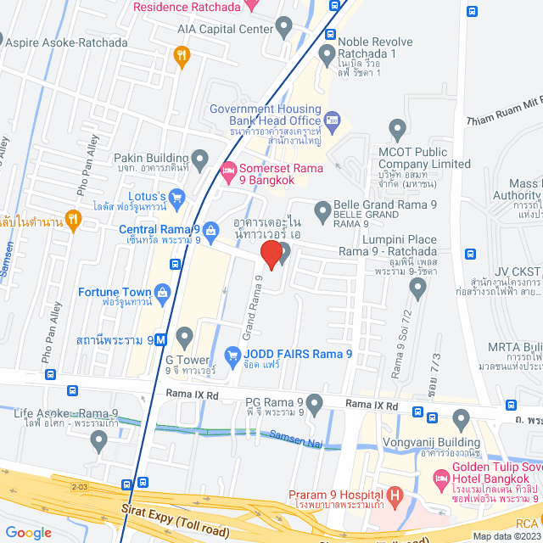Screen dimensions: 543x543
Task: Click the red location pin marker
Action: pos(271,254)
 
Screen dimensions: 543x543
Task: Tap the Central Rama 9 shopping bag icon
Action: pos(210,231)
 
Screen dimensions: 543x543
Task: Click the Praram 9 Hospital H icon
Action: pos(394,494)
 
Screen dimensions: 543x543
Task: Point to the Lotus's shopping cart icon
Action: pos(177,199)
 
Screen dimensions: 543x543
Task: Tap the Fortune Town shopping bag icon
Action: pos(163,293)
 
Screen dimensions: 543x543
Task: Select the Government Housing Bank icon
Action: pos(333,118)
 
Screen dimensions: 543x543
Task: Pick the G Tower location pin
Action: pos(185,333)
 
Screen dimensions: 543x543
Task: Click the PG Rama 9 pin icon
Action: pos(316,402)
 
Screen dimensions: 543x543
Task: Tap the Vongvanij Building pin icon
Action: pos(461,418)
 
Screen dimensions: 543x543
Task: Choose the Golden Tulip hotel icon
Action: pos(441,480)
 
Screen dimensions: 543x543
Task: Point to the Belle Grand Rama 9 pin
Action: pos(322,209)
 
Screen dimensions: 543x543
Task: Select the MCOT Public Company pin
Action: pos(397,131)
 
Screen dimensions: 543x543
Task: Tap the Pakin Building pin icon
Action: pos(200,158)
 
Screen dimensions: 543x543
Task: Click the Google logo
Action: pos(28,532)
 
